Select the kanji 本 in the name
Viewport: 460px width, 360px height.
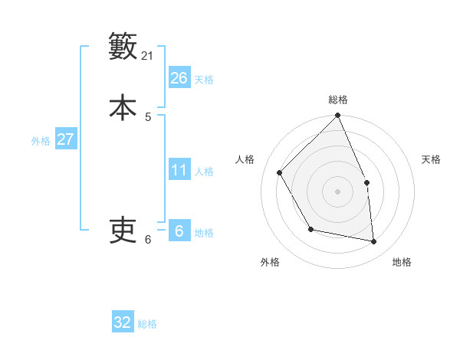click(123, 106)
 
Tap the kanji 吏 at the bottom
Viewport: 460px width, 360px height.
click(123, 230)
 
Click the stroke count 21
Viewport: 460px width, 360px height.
click(148, 55)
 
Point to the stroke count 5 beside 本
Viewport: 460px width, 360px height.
click(148, 116)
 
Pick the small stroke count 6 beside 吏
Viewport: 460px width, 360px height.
click(148, 240)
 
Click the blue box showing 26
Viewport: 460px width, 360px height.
click(179, 78)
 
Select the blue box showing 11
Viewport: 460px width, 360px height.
click(179, 170)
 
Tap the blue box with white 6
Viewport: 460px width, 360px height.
click(179, 231)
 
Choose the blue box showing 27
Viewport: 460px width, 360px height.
click(65, 139)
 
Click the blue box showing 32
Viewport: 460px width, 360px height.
click(123, 322)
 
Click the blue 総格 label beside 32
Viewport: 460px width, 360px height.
click(147, 324)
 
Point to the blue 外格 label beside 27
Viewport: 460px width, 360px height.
click(41, 141)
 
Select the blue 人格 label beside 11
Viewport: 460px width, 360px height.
click(204, 172)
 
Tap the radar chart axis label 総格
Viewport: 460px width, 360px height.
click(338, 100)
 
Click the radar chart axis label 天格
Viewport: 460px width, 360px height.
click(431, 159)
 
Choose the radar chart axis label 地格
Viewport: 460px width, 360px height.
click(402, 262)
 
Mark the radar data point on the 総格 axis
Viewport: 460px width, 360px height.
click(338, 116)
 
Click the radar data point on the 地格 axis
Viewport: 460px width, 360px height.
click(374, 241)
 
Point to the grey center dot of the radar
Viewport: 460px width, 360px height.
click(338, 191)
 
